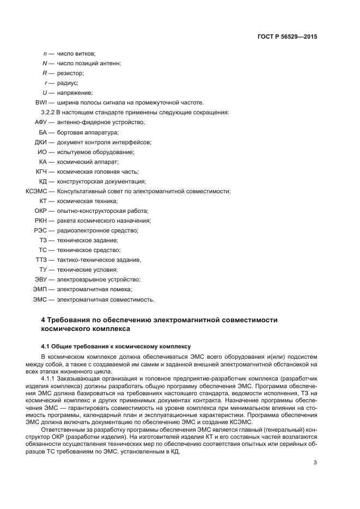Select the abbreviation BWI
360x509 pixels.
coord(40,102)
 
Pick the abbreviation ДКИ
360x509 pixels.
coord(41,142)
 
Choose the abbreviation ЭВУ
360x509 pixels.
coord(41,279)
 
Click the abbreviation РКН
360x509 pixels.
coord(41,220)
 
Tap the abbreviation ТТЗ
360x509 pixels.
coord(41,260)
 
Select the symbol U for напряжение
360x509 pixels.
coord(45,93)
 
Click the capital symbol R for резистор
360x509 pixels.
coord(45,73)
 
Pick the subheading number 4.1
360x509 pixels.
coord(46,346)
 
